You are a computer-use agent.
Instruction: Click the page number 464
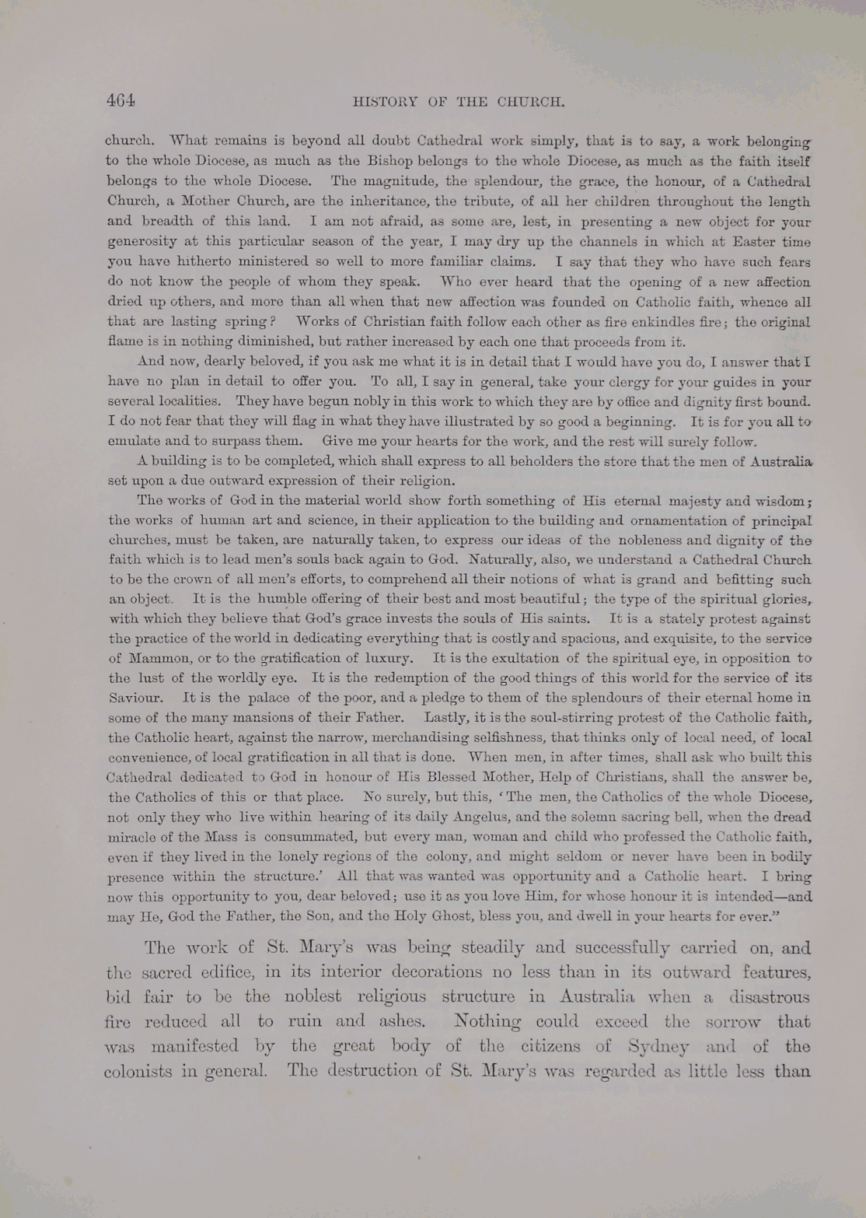click(x=121, y=100)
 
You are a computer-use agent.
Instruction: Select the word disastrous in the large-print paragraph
click(x=769, y=997)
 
